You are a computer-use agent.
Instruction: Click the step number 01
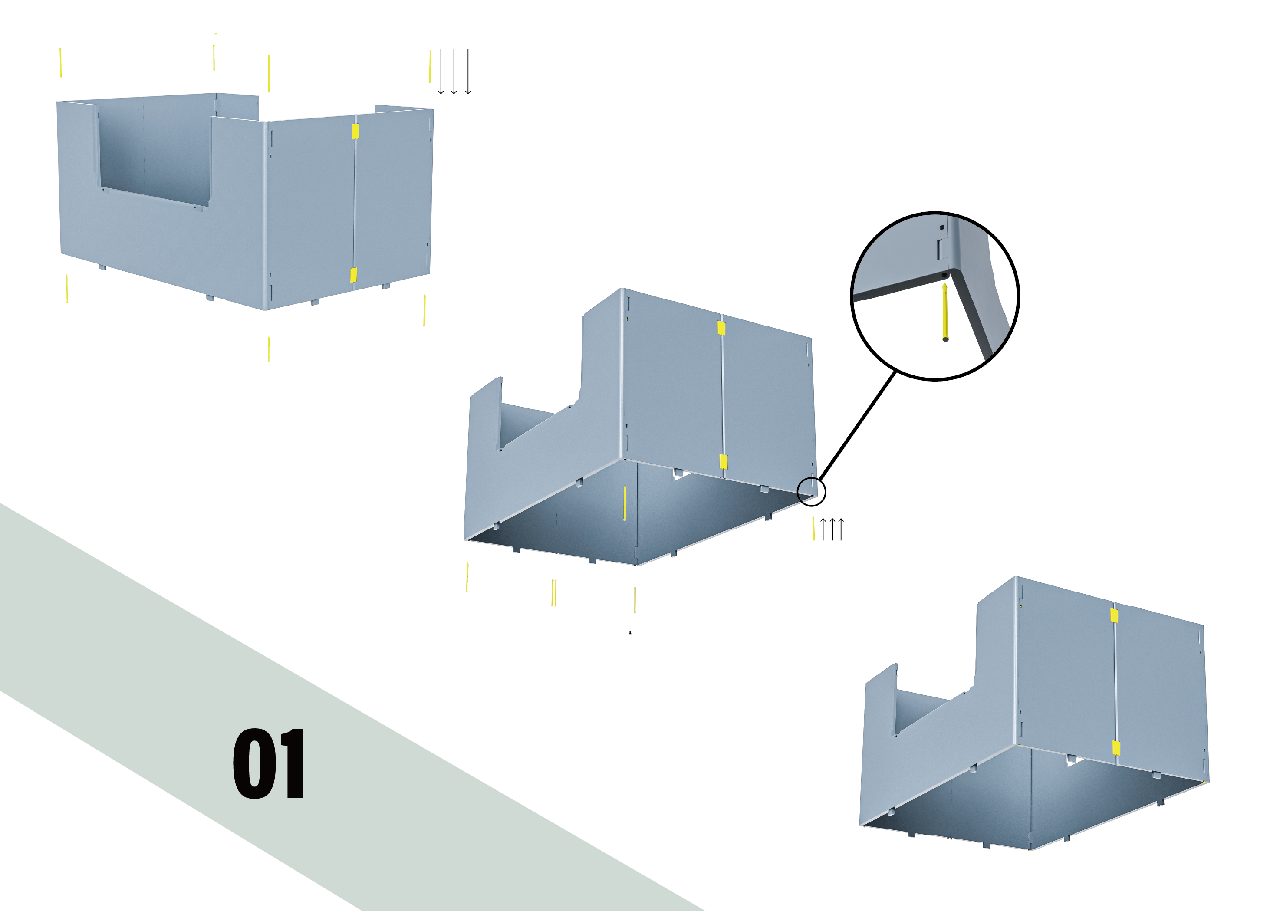click(269, 763)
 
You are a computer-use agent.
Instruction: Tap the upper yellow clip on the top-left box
click(355, 131)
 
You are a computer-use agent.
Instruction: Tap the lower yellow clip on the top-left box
click(354, 275)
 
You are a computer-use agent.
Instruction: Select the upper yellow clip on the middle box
click(721, 328)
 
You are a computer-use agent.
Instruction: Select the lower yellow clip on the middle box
click(724, 462)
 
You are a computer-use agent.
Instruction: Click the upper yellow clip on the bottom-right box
click(1114, 615)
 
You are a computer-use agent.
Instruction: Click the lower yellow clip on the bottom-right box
click(1116, 748)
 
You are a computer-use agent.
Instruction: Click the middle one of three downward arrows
click(454, 72)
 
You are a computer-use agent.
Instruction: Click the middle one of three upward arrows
click(832, 529)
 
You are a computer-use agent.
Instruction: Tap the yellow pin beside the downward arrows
click(430, 66)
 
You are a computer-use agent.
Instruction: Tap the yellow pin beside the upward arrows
click(814, 529)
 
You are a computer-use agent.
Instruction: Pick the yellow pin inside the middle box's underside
click(625, 503)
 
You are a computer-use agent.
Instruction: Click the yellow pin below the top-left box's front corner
click(269, 349)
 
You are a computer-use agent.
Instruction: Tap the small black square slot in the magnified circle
click(942, 228)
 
